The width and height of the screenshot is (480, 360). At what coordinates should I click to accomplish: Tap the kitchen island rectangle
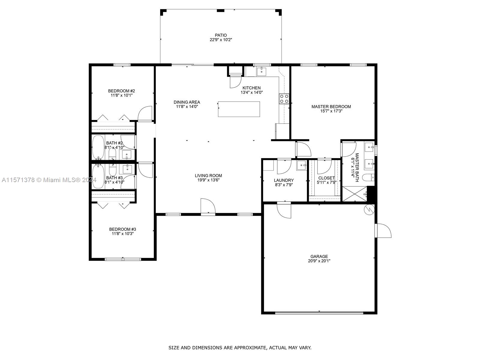(239, 109)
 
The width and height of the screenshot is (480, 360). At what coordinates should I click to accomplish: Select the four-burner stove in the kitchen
(284, 99)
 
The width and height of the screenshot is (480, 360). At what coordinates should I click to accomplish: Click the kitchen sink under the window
(261, 71)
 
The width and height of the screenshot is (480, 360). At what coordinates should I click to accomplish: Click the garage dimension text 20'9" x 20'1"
(319, 261)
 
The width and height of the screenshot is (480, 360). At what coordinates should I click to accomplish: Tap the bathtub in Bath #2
(98, 148)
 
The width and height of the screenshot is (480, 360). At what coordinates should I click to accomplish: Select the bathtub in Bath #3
(98, 177)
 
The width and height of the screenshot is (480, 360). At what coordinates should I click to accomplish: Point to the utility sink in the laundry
(301, 165)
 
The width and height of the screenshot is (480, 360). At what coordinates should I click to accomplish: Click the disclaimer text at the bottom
(240, 348)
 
